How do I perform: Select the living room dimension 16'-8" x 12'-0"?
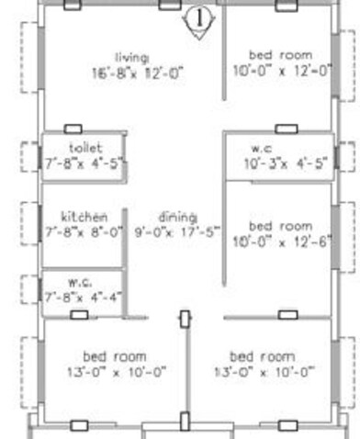pyautogui.click(x=138, y=72)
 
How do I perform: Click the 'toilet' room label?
pyautogui.click(x=85, y=148)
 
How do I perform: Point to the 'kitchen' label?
pyautogui.click(x=84, y=216)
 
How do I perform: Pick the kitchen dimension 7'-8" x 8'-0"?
pyautogui.click(x=84, y=231)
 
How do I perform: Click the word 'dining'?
pyautogui.click(x=177, y=217)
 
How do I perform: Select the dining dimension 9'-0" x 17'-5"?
pyautogui.click(x=178, y=231)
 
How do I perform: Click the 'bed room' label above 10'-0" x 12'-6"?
pyautogui.click(x=280, y=225)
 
